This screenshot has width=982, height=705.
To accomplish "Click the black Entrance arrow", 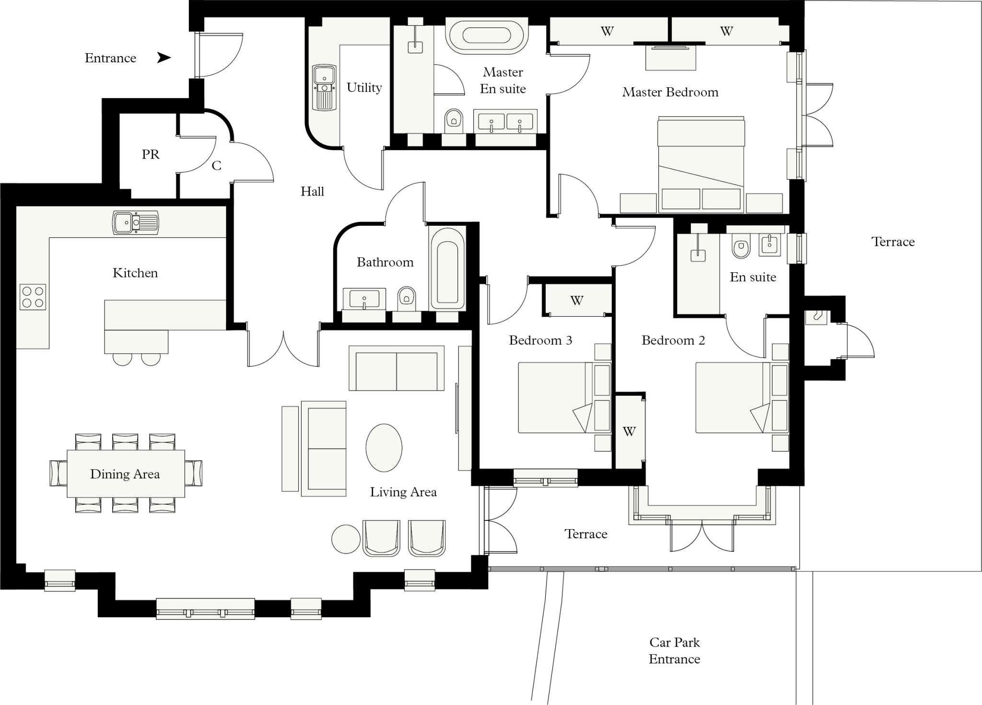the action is coord(164,58).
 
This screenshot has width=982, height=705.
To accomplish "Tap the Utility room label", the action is coord(364,88).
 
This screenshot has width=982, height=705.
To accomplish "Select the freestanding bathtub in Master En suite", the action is coord(486,35).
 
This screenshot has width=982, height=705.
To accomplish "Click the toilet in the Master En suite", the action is coord(453,121).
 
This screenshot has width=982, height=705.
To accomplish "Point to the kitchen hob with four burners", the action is coord(33,297).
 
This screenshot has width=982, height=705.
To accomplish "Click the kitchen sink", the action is coord(135,223).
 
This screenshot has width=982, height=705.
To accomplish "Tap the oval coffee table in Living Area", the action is coord(384,449).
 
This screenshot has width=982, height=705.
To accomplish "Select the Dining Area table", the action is coord(126,474).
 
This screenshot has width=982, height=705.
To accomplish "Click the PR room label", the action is coord(151,154).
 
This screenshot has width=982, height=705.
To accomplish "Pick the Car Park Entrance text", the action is coord(675,650).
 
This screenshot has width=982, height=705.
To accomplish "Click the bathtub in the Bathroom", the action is coord(447,268).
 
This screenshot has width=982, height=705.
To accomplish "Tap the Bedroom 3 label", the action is coord(540,340).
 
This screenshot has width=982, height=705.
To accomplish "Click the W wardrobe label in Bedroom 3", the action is coord(577,300).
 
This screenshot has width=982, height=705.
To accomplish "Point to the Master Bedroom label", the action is coord(670,92).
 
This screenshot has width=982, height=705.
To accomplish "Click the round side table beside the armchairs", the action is coord(346,539).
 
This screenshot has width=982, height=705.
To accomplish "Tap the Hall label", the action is coord(312,192).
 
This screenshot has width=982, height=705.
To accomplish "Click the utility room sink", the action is coord(324,88).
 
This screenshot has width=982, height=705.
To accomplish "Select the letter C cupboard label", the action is coord(217,166).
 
